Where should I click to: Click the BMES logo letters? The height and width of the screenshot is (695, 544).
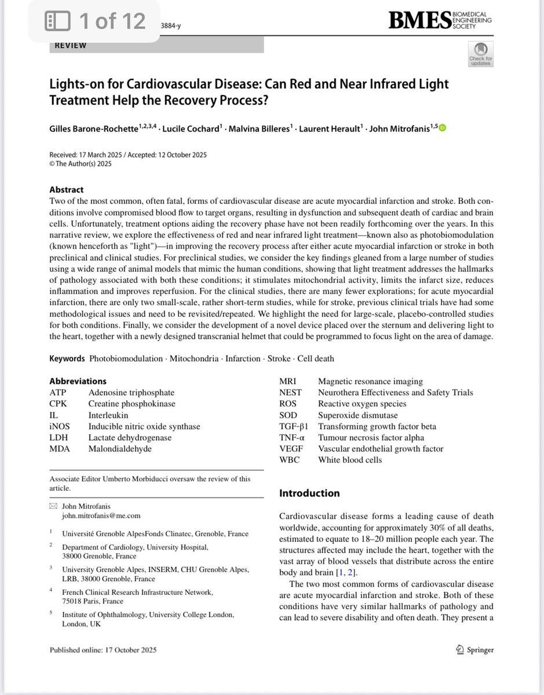click(419, 21)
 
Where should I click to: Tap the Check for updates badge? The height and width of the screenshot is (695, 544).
click(480, 54)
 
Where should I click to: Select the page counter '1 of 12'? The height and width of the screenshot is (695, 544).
click(112, 21)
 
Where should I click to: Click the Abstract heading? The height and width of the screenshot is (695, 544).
click(66, 189)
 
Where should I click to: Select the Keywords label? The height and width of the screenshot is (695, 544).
click(67, 359)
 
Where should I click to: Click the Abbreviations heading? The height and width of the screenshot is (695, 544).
click(78, 381)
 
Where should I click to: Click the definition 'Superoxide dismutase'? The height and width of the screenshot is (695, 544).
click(358, 415)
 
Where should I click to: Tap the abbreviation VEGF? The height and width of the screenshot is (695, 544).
click(290, 449)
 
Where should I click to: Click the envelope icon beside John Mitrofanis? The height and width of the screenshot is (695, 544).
click(53, 506)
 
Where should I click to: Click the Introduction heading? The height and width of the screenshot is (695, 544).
click(309, 493)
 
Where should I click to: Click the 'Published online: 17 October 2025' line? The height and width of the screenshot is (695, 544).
click(103, 650)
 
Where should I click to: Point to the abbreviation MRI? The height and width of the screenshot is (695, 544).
click(288, 381)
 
